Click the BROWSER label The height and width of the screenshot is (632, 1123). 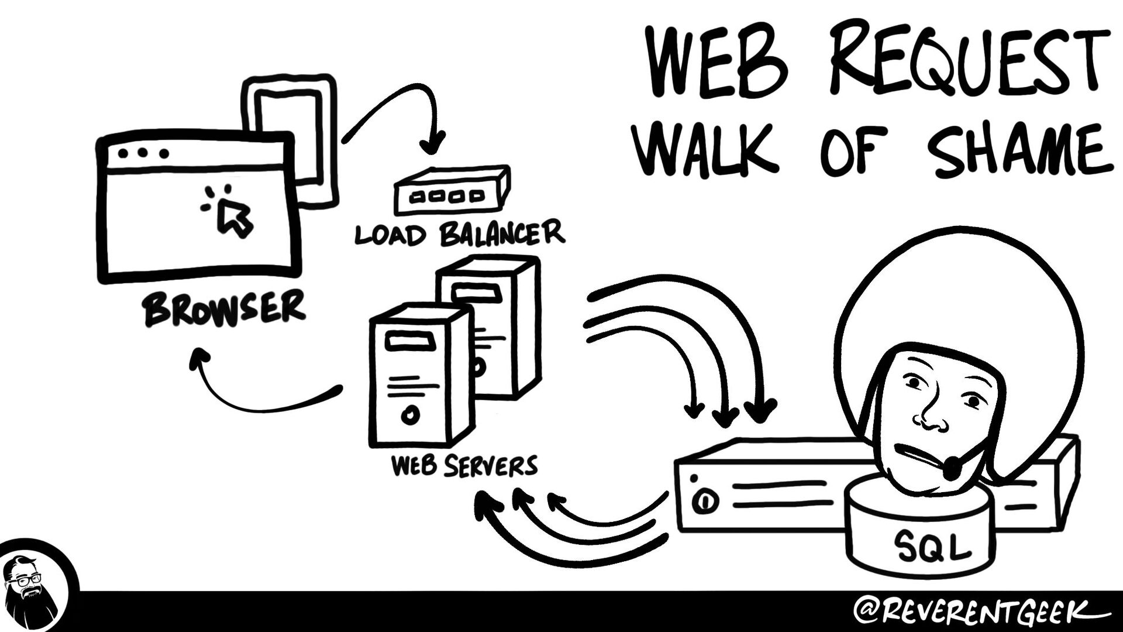225,308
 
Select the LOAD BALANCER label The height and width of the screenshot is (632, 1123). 459,233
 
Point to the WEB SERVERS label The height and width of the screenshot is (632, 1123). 464,466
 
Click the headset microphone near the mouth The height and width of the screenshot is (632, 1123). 953,468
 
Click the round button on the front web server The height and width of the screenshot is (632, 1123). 410,415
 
